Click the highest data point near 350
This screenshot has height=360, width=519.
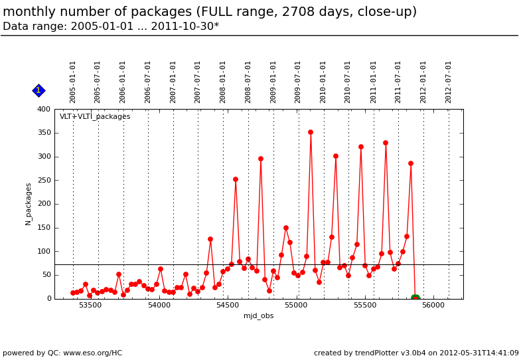tap(311, 132)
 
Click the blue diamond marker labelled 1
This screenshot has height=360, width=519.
tap(38, 90)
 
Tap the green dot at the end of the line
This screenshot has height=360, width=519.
tap(415, 298)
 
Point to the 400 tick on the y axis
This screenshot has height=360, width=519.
tap(44, 110)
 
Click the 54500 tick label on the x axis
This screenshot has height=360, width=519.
tap(228, 306)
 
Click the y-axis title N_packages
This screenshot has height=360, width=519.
tap(29, 204)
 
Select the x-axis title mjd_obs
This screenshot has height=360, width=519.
tap(259, 315)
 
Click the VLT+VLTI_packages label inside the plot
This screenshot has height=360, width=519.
tap(95, 117)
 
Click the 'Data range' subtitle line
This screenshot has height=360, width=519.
tap(111, 27)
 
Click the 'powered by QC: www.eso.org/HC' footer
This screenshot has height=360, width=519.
tap(62, 353)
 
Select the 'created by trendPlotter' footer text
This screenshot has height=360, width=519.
tap(416, 353)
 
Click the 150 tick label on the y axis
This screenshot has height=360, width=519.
tap(44, 228)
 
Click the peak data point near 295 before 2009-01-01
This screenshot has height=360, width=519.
tap(261, 159)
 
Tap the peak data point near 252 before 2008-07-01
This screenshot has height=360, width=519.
tap(236, 179)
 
